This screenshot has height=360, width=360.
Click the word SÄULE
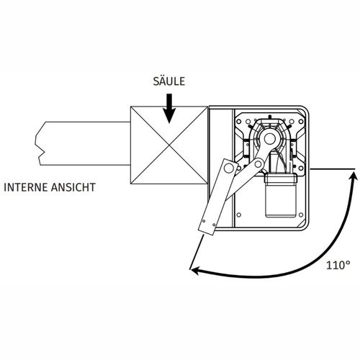click(169, 81)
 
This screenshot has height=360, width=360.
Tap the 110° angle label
click(338, 265)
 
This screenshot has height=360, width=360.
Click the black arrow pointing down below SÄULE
click(169, 109)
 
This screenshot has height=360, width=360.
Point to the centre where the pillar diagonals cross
click(169, 145)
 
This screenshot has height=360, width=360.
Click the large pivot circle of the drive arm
click(270, 138)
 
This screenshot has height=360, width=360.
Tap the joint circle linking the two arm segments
click(258, 164)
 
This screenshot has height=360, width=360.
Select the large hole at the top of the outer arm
click(229, 168)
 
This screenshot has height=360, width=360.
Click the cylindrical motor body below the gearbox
click(280, 196)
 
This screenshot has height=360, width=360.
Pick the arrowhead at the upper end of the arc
click(353, 176)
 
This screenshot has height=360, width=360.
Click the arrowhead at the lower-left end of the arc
click(195, 271)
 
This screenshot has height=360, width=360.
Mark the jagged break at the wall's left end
click(40, 143)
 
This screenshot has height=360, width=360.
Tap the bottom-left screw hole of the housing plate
click(238, 215)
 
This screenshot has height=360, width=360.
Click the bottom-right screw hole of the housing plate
click(301, 215)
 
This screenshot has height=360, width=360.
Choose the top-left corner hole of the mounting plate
click(239, 122)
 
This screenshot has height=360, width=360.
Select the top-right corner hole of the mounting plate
click(301, 122)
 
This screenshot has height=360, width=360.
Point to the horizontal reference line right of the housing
click(333, 169)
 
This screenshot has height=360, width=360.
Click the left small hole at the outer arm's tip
click(204, 221)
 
